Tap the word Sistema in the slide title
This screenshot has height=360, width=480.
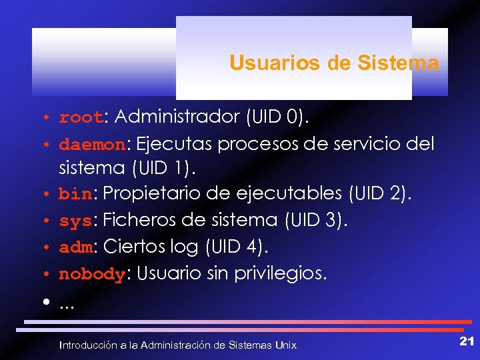coord(398,63)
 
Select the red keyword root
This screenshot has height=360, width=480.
coord(81,118)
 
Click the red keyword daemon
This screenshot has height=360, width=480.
coord(92,144)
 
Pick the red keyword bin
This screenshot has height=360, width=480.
coord(75,194)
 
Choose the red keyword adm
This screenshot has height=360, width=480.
coord(75,247)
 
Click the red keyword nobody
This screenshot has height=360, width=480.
coord(92,273)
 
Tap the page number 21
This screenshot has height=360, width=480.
coord(466,342)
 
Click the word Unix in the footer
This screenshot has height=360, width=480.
coord(286,345)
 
